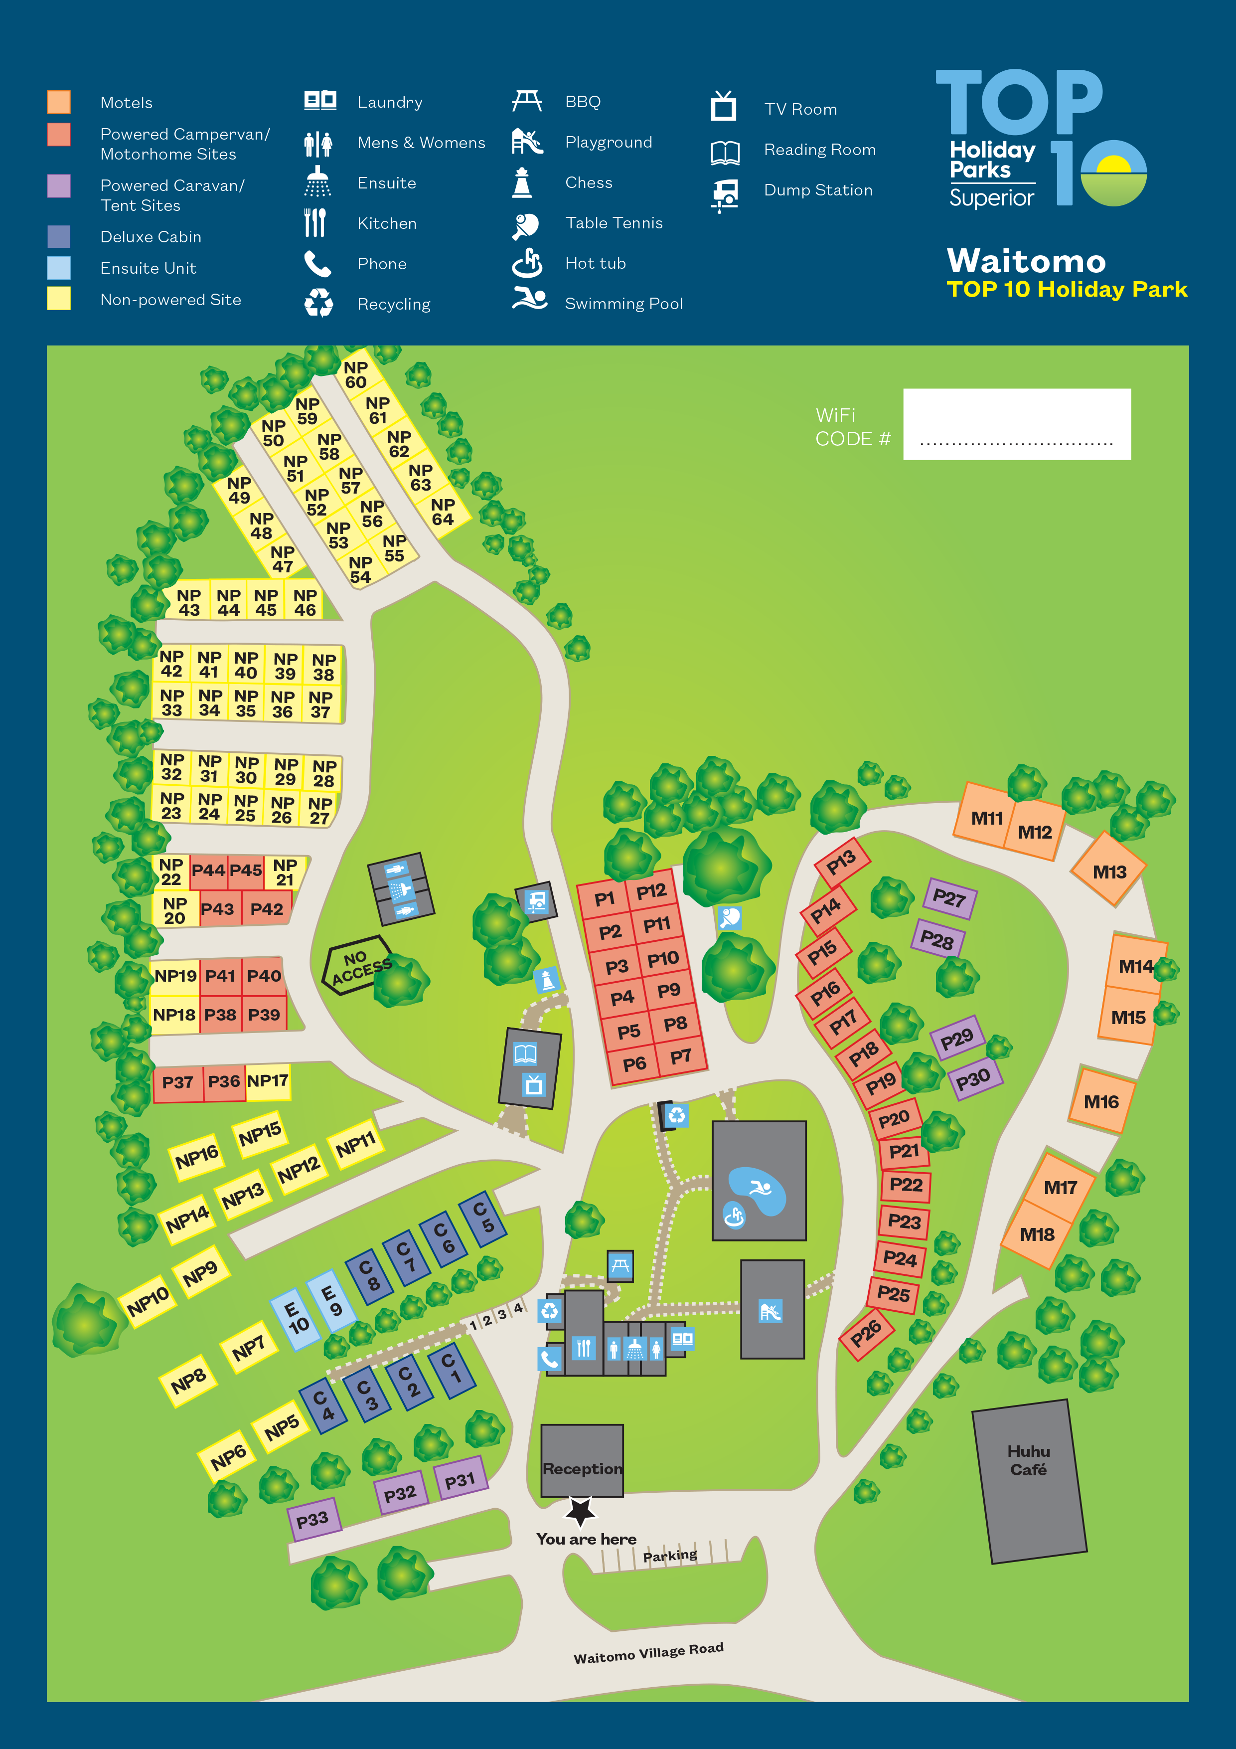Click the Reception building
pos(582,1459)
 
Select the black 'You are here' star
pos(580,1511)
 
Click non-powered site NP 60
pos(356,375)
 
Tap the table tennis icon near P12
pos(730,918)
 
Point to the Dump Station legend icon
pos(725,193)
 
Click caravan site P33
pos(313,1521)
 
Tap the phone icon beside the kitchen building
pos(549,1358)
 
